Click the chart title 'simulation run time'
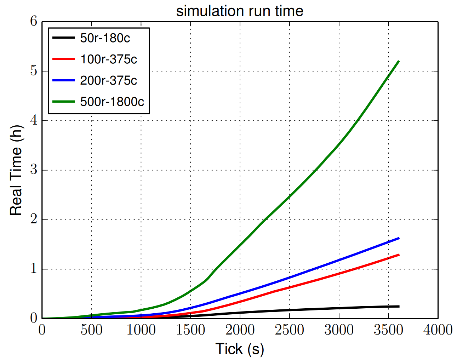[240, 11]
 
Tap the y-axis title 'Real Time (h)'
[16, 170]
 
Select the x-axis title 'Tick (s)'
[240, 349]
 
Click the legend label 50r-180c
[105, 38]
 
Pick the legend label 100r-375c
[108, 59]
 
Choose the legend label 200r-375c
[108, 80]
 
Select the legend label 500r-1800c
[112, 102]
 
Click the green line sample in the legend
[64, 102]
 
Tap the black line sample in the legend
[64, 38]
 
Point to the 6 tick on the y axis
[34, 21]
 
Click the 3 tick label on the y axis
[34, 170]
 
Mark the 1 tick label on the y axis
[34, 269]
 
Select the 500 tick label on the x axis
[91, 330]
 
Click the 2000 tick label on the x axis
[240, 330]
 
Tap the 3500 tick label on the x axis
[388, 330]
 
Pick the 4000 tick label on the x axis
[438, 330]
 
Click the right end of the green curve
[399, 61]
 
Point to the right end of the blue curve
[399, 238]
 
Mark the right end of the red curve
[399, 255]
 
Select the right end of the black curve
[399, 307]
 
